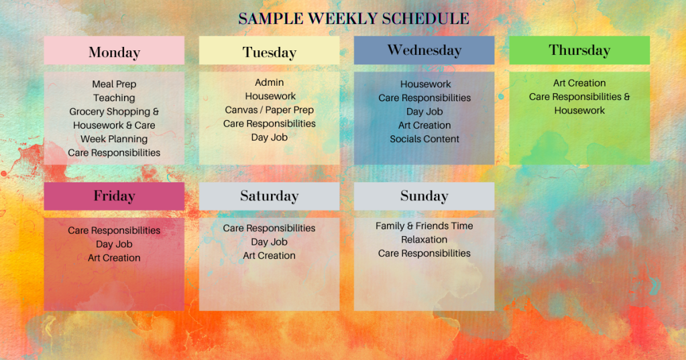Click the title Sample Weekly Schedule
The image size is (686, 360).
353,18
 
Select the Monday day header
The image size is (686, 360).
114,52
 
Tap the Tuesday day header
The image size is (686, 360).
269,52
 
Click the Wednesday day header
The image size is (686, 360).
424,50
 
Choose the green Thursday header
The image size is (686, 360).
579,50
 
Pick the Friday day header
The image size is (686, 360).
114,196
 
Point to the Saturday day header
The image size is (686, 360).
269,196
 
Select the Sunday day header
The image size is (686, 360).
424,196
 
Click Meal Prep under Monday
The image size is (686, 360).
114,84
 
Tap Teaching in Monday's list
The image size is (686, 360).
114,98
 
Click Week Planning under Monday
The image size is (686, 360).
114,139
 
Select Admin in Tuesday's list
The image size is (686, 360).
270,82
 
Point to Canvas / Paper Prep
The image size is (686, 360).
270,110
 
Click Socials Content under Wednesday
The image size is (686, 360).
424,139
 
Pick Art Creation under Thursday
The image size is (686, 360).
579,83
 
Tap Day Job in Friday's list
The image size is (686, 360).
114,244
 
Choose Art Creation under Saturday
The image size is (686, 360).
269,255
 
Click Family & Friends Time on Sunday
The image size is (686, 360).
424,226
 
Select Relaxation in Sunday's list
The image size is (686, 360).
424,239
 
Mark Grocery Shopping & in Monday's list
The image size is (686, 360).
114,112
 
